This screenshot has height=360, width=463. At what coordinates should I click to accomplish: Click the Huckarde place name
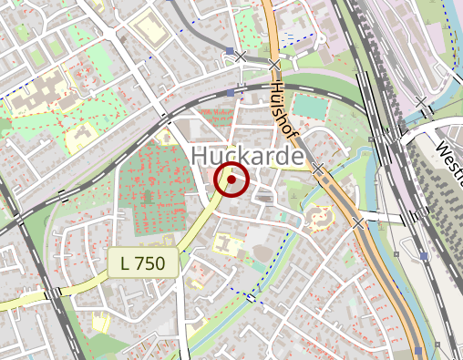247,157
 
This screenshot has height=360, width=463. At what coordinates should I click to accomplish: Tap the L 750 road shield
142,263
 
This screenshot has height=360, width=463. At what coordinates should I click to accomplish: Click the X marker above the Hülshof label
274,65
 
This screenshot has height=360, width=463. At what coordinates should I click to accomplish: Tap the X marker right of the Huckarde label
318,169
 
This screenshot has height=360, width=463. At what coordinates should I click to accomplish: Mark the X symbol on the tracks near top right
420,102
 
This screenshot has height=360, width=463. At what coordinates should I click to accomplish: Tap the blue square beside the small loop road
228,51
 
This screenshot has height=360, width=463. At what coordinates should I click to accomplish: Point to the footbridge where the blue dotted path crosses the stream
251,298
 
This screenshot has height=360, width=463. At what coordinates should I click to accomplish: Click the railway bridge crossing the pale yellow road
58,293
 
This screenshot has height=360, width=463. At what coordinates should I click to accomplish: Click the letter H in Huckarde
202,157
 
